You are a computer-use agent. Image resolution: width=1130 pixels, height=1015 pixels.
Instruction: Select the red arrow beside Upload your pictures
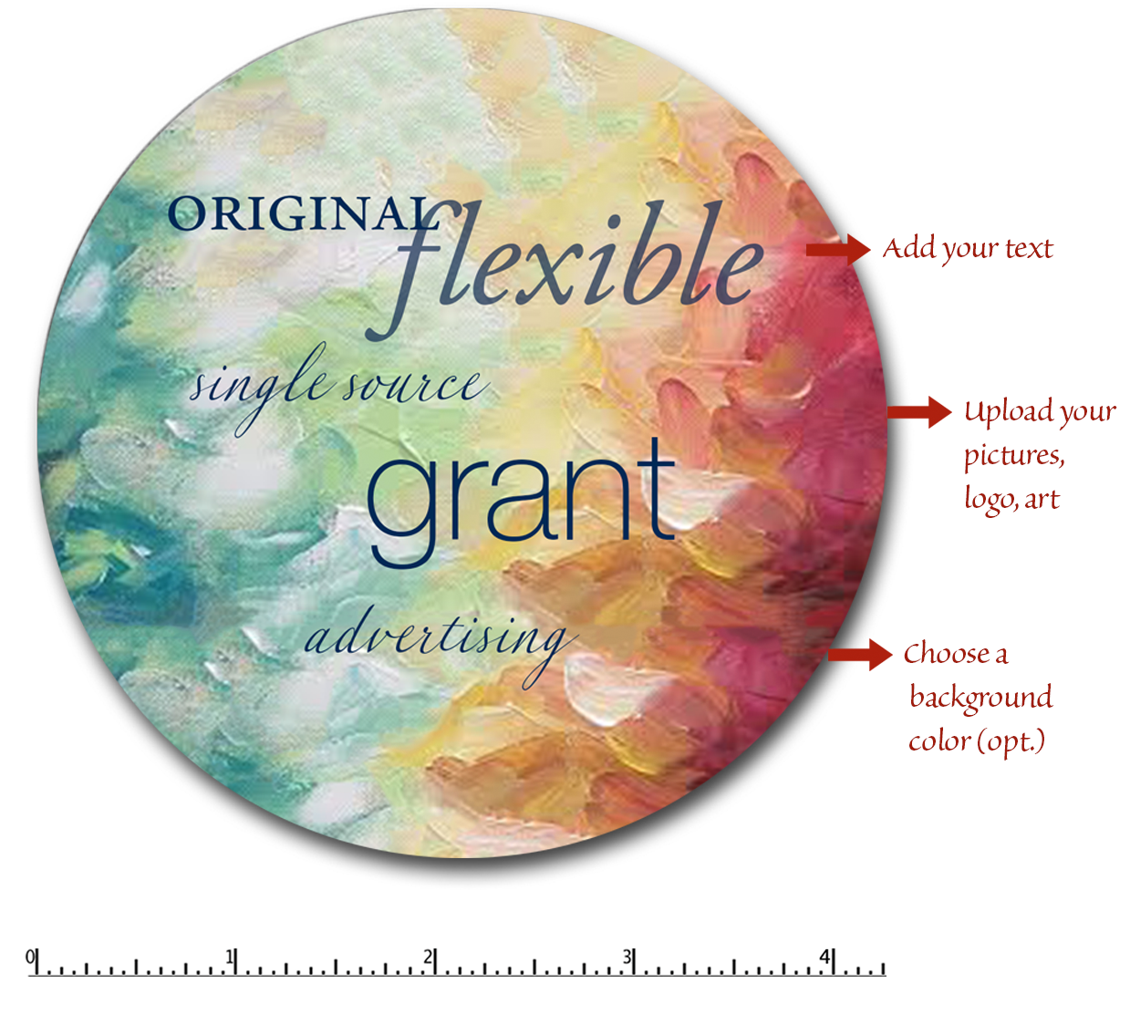coord(919,412)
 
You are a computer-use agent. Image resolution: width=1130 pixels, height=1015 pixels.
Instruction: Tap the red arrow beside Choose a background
coord(860,654)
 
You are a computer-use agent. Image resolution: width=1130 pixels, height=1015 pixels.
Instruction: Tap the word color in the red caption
coord(940,742)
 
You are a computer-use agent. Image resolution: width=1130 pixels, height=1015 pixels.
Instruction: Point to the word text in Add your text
coord(1029,249)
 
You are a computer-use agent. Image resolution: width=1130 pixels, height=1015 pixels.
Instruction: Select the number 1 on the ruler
coord(229,957)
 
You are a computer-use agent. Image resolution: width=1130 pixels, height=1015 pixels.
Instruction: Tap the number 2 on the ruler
coord(428,957)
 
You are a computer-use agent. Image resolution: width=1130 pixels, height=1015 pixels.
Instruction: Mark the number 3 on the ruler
coord(627,957)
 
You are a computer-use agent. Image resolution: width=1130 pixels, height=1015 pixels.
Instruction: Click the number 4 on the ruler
coord(824,957)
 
